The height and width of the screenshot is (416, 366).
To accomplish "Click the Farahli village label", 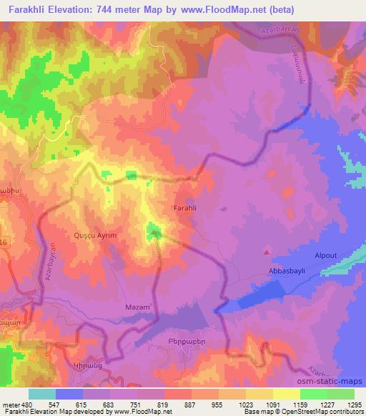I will pos(185,209).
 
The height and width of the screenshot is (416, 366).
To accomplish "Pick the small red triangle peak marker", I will pos(267,252).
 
